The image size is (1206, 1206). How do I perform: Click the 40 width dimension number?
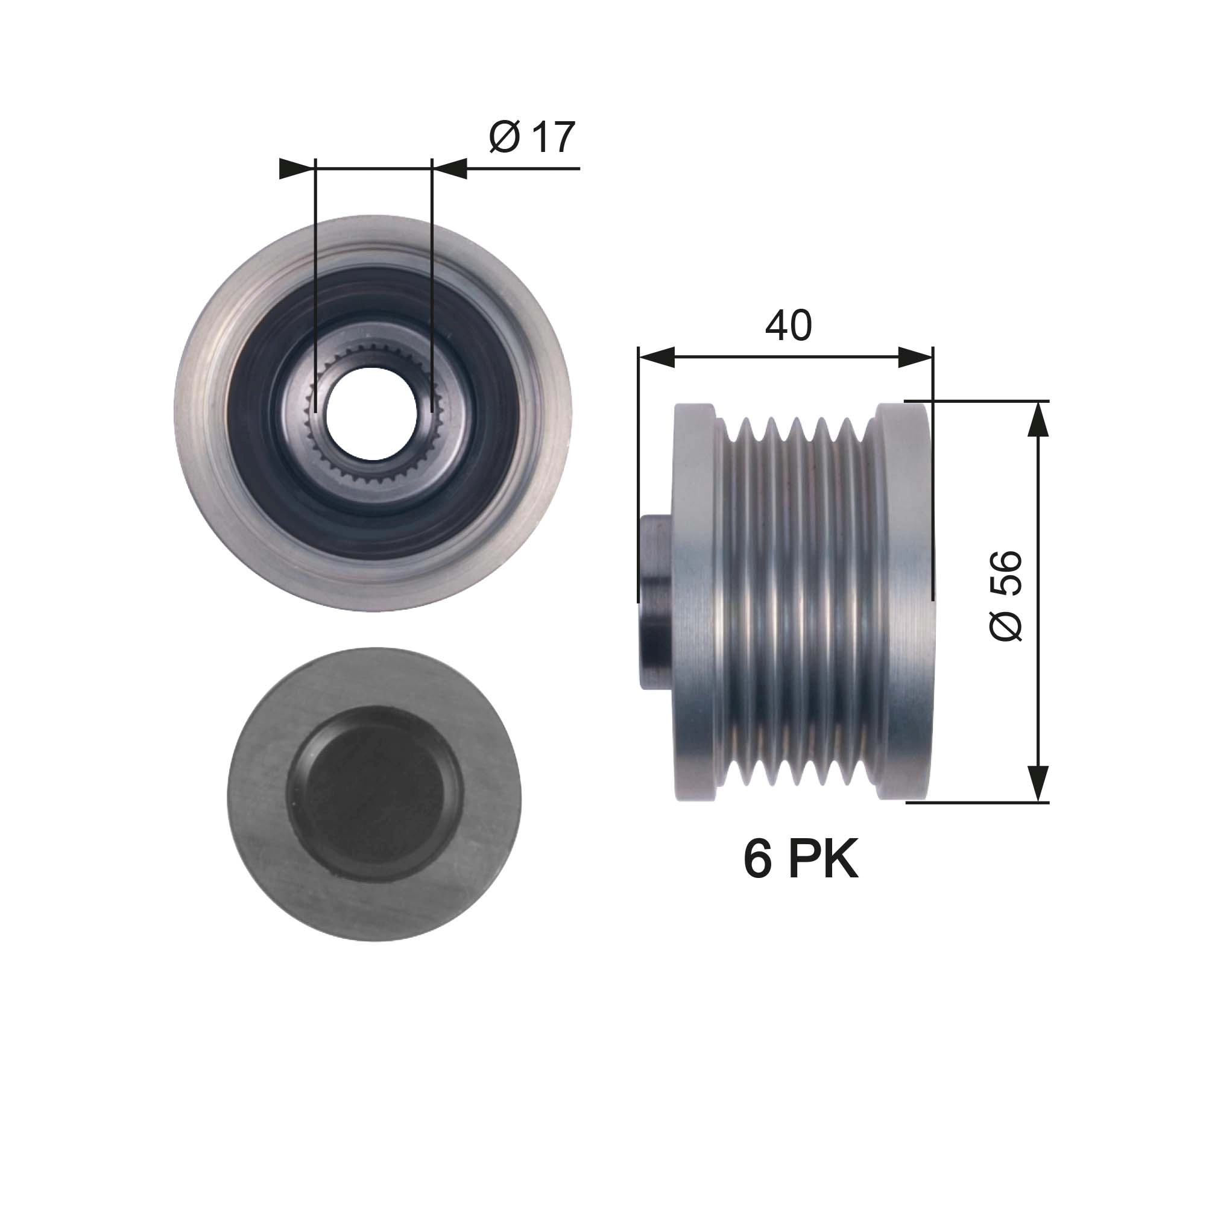[x=788, y=325]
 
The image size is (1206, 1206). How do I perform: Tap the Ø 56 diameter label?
[x=1006, y=596]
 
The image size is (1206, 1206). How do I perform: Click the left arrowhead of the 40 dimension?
[x=657, y=358]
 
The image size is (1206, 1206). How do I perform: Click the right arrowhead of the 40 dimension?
[x=915, y=358]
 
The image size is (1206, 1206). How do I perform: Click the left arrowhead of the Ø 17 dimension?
[x=296, y=169]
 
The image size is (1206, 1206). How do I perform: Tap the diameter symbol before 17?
[x=504, y=137]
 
